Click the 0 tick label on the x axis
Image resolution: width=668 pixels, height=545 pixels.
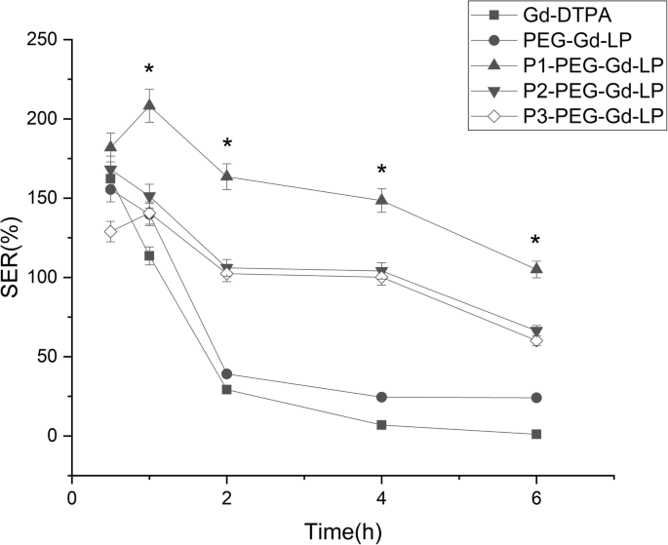click(x=71, y=497)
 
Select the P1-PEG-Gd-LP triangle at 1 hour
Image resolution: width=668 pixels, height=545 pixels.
click(x=149, y=104)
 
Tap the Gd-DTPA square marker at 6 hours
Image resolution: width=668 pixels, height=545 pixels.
click(x=535, y=434)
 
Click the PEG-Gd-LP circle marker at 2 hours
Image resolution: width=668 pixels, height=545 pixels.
click(x=226, y=373)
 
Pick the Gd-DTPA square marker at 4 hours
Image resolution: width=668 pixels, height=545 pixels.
click(x=381, y=425)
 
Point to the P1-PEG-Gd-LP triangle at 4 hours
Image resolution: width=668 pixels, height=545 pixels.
click(x=381, y=200)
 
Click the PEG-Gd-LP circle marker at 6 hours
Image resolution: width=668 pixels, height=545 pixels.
click(x=535, y=398)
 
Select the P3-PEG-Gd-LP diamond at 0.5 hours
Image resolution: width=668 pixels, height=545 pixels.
click(x=110, y=232)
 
